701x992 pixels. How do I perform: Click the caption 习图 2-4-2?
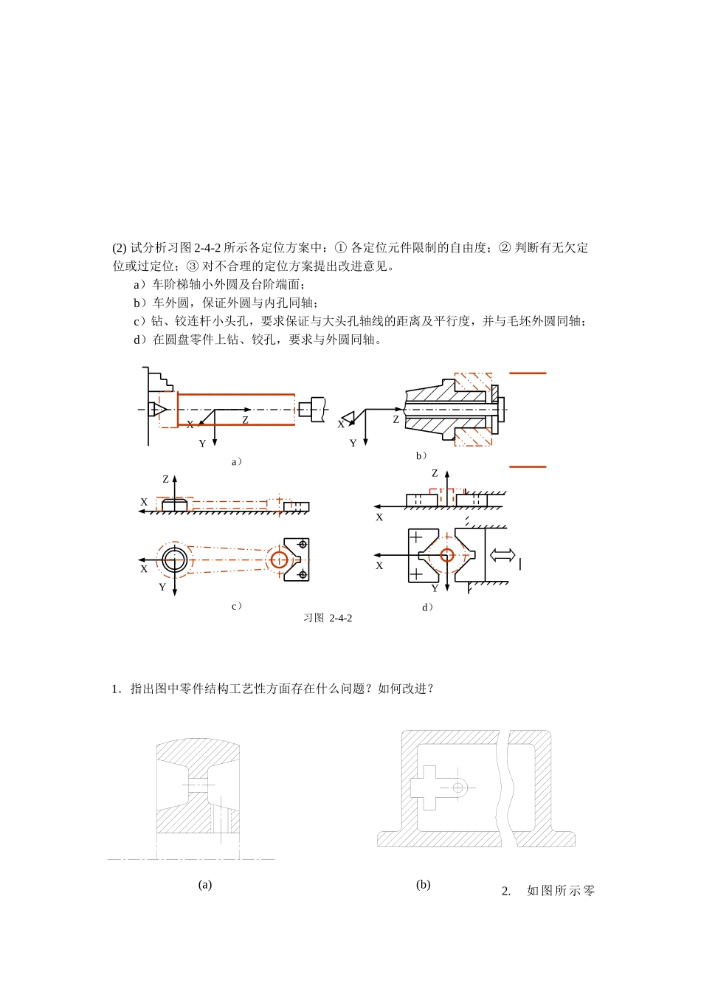(328, 618)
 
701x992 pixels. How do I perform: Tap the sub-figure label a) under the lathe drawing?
(237, 462)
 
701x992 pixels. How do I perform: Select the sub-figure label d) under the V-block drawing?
(427, 607)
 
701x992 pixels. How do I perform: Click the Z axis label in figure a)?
(245, 420)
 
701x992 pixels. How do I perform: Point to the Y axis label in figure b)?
(353, 444)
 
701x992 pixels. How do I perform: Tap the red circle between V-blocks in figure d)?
(446, 554)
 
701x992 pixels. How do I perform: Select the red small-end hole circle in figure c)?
(279, 559)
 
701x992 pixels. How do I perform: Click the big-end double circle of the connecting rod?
(175, 559)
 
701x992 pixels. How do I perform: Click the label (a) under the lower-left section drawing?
(205, 884)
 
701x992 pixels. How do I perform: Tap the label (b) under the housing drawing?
(423, 884)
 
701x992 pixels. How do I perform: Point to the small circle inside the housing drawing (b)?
(458, 788)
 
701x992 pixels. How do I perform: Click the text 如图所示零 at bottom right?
(560, 891)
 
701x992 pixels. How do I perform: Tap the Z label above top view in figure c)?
(165, 480)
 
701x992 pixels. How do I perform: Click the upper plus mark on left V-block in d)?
(417, 537)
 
